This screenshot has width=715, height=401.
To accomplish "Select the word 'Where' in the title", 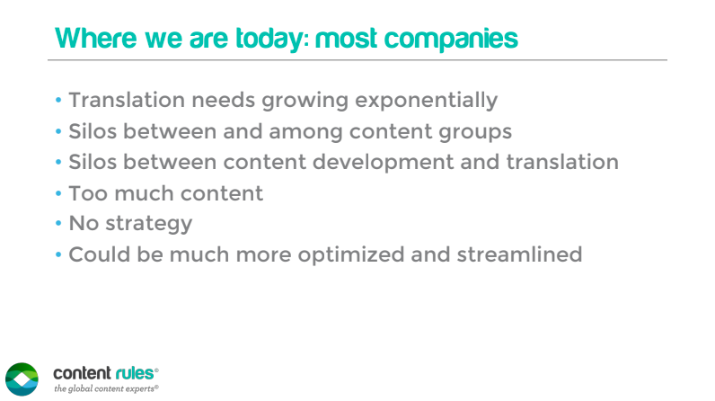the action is click(96, 38).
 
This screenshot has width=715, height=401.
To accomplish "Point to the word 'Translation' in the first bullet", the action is click(127, 100).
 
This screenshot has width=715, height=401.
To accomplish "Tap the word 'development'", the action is click(383, 163).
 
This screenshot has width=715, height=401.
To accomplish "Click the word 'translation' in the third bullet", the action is click(562, 162).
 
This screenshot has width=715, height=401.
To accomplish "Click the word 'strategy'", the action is click(148, 224).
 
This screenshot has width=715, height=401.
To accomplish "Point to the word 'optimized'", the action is click(351, 255).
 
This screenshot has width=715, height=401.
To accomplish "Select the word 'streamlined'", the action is click(520, 254).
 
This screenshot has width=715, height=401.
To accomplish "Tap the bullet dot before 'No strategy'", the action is click(58, 224).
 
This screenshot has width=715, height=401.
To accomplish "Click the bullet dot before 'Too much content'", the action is click(58, 193).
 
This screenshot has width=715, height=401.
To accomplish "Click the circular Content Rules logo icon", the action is click(22, 379).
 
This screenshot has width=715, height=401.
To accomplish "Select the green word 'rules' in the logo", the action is click(135, 374).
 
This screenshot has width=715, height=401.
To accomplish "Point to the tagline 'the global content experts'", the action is click(106, 388).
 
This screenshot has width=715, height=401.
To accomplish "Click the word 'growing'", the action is click(305, 101).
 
